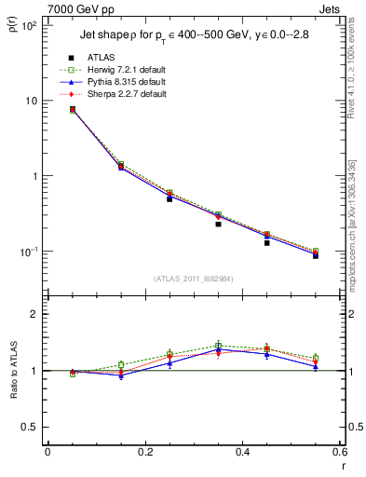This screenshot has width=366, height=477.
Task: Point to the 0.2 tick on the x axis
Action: coord(144,453)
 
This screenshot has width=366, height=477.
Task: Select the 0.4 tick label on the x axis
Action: coord(242,453)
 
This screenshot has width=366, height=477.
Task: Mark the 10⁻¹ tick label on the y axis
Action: coord(26,252)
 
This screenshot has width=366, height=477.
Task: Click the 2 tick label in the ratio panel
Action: coord(32,314)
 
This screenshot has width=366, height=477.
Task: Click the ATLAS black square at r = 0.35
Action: coord(218,224)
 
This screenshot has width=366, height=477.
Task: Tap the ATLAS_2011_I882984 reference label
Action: coord(194,278)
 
